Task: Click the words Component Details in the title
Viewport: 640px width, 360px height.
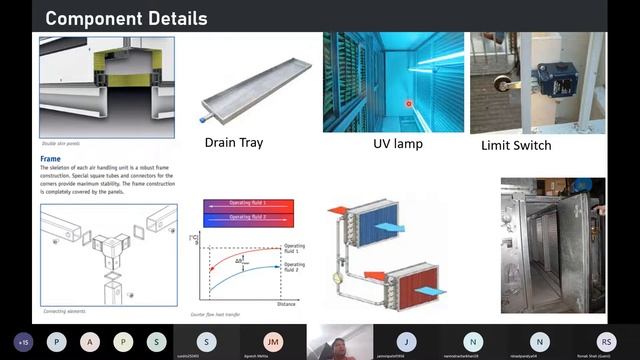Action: point(127,18)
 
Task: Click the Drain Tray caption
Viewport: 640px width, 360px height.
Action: point(234,142)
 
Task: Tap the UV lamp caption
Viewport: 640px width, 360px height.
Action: point(398,144)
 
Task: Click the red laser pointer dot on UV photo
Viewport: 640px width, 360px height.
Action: point(408,103)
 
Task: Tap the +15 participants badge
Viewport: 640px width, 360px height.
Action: point(24,341)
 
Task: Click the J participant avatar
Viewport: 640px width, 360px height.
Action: point(406,341)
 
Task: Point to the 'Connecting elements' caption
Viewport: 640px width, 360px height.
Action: point(66,311)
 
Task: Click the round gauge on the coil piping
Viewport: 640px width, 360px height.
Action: point(339,268)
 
